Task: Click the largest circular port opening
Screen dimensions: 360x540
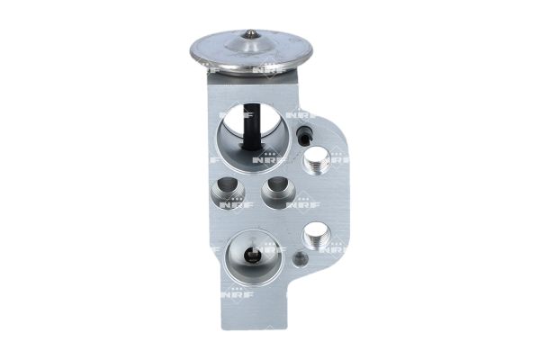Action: pyautogui.click(x=251, y=133)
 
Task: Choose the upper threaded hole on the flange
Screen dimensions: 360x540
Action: pyautogui.click(x=316, y=163)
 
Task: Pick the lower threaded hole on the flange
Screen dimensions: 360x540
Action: pyautogui.click(x=316, y=236)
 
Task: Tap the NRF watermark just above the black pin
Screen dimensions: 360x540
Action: pyautogui.click(x=296, y=114)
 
